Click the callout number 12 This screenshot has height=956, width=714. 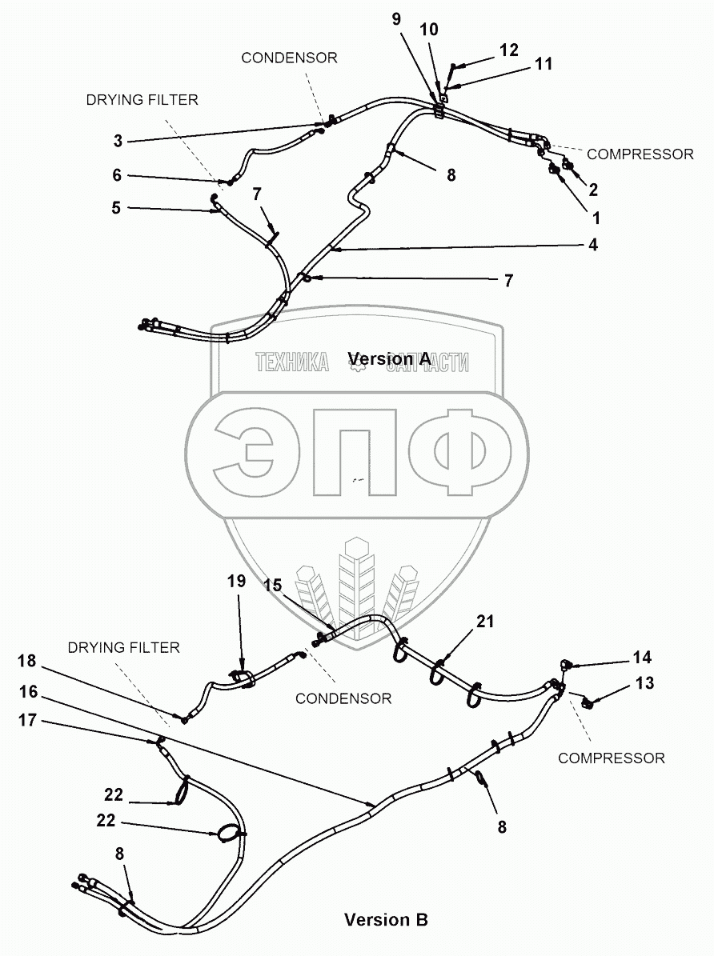tap(509, 49)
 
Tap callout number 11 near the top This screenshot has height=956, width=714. tap(544, 64)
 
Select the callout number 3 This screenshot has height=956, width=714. tap(118, 142)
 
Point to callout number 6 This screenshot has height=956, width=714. tap(117, 175)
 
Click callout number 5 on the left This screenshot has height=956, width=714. tap(117, 208)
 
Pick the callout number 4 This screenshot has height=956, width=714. tap(592, 246)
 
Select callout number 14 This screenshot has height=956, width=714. tap(642, 658)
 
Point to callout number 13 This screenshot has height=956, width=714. tap(645, 683)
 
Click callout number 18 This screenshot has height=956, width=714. tap(27, 661)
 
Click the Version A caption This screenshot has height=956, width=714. tap(390, 359)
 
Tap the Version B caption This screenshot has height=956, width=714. tap(386, 920)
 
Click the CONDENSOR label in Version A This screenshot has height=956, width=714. tap(289, 58)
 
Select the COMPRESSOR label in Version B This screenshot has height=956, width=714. tap(611, 758)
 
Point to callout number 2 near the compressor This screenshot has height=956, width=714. tap(593, 190)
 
